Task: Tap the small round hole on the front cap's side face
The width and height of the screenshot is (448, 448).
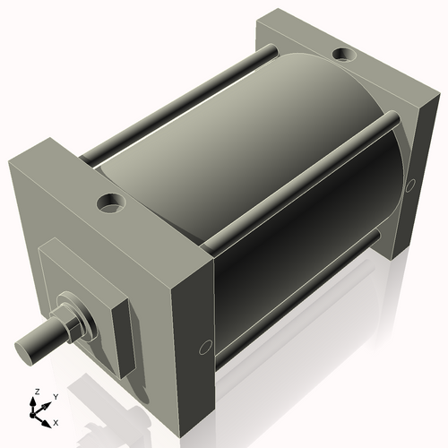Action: pyautogui.click(x=205, y=346)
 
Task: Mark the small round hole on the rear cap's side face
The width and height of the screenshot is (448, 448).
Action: pyautogui.click(x=411, y=184)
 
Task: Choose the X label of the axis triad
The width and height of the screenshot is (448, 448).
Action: pyautogui.click(x=56, y=421)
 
